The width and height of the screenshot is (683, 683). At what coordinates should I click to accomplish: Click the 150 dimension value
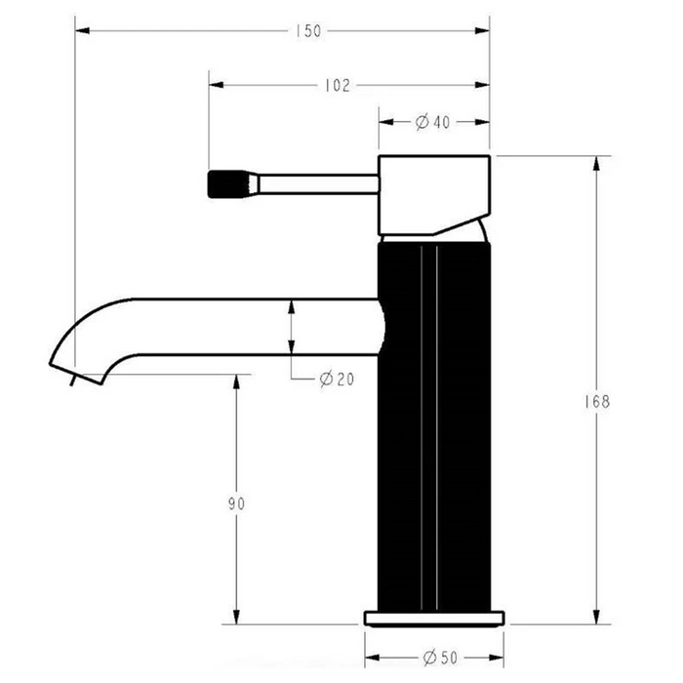(x=308, y=31)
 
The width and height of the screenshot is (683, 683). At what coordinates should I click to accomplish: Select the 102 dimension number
(x=338, y=86)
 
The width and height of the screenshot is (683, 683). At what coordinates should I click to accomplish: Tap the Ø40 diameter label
(x=432, y=122)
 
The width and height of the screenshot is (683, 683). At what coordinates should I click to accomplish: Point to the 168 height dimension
(x=597, y=402)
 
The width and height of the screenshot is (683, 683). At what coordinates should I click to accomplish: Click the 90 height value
(x=236, y=503)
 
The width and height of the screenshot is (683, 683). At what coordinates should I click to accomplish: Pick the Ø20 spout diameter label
(x=337, y=379)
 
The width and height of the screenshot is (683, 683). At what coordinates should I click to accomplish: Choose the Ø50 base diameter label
(x=440, y=658)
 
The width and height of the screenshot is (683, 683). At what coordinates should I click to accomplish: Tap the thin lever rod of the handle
(x=319, y=183)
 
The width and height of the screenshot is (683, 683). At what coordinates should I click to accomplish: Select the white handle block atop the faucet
(x=434, y=195)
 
